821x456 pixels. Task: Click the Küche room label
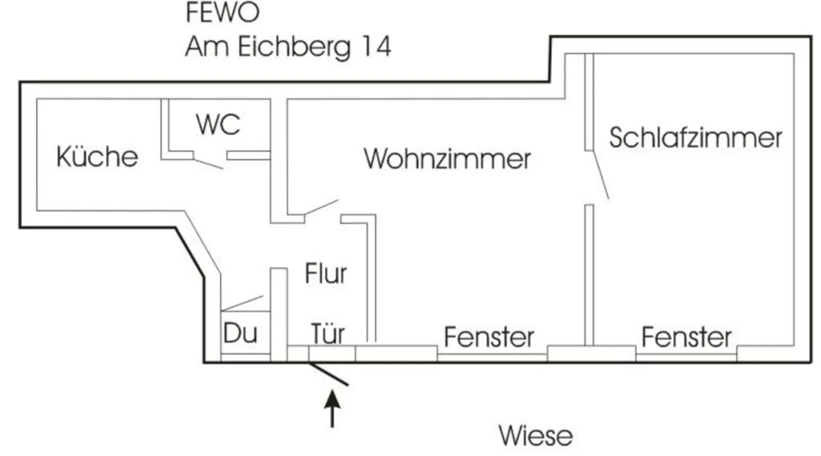pyautogui.click(x=97, y=156)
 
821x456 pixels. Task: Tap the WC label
pyautogui.click(x=218, y=124)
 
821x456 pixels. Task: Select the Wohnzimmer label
pyautogui.click(x=447, y=159)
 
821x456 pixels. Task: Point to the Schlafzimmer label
pyautogui.click(x=695, y=138)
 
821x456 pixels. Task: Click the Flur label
pyautogui.click(x=326, y=274)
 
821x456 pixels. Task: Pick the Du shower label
pyautogui.click(x=240, y=333)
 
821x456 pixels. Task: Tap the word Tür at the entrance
pyautogui.click(x=327, y=334)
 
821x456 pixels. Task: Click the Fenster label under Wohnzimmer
pyautogui.click(x=489, y=337)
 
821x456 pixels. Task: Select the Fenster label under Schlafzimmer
pyautogui.click(x=686, y=337)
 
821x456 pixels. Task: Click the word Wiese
pyautogui.click(x=535, y=435)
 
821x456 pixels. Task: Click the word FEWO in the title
pyautogui.click(x=223, y=12)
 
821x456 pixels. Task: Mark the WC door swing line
pyautogui.click(x=208, y=164)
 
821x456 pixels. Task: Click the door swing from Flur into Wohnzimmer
pyautogui.click(x=322, y=207)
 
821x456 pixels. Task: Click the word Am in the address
pyautogui.click(x=207, y=47)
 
